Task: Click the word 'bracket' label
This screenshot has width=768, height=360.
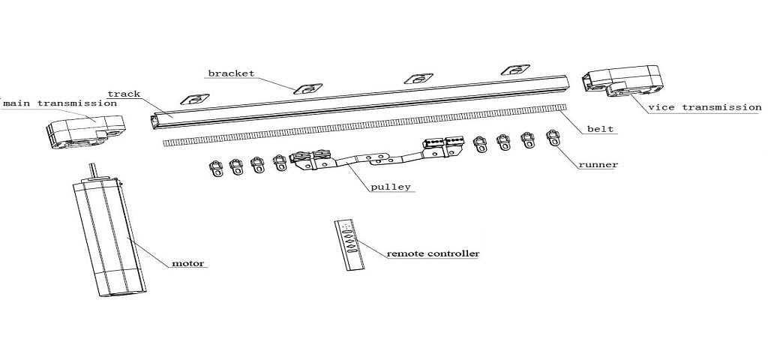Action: (x=231, y=73)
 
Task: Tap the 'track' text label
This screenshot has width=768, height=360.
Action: (x=124, y=94)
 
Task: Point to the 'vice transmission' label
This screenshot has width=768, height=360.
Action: (x=704, y=107)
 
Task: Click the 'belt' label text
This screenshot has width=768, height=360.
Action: (x=600, y=129)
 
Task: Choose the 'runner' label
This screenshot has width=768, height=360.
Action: (x=598, y=164)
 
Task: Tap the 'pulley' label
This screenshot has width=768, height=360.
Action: (x=390, y=187)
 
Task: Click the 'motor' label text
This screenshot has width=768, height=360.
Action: (x=187, y=263)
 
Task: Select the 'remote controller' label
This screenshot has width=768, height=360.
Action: (x=433, y=253)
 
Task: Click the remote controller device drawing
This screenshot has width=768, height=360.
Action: (x=349, y=244)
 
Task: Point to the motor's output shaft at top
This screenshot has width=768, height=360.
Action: (x=92, y=171)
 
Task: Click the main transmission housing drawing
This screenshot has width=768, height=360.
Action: (x=85, y=131)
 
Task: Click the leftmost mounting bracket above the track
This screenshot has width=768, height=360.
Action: (x=195, y=100)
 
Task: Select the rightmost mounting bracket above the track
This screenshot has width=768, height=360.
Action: (x=515, y=70)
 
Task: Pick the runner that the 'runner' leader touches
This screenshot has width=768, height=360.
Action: (x=553, y=138)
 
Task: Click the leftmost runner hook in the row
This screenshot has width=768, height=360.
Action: (x=215, y=169)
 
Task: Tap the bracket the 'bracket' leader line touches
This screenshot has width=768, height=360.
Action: (x=307, y=88)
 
